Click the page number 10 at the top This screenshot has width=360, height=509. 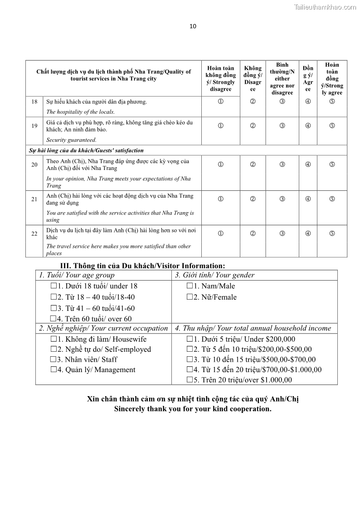193,26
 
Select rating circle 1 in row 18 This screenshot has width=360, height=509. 220,101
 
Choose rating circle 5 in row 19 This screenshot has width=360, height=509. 332,126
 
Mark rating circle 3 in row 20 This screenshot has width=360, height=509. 282,164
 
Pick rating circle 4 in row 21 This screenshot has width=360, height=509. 308,199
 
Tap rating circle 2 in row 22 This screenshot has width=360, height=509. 253,233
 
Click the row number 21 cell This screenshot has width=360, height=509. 34,199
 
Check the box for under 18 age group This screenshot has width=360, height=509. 54,286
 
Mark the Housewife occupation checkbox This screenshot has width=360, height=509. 54,339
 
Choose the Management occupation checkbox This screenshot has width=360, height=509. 54,370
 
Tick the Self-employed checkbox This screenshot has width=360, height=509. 54,349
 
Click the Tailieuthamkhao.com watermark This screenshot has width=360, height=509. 325,7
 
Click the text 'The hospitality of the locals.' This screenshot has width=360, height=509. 81,112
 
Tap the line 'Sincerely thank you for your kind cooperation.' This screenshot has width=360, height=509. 193,408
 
